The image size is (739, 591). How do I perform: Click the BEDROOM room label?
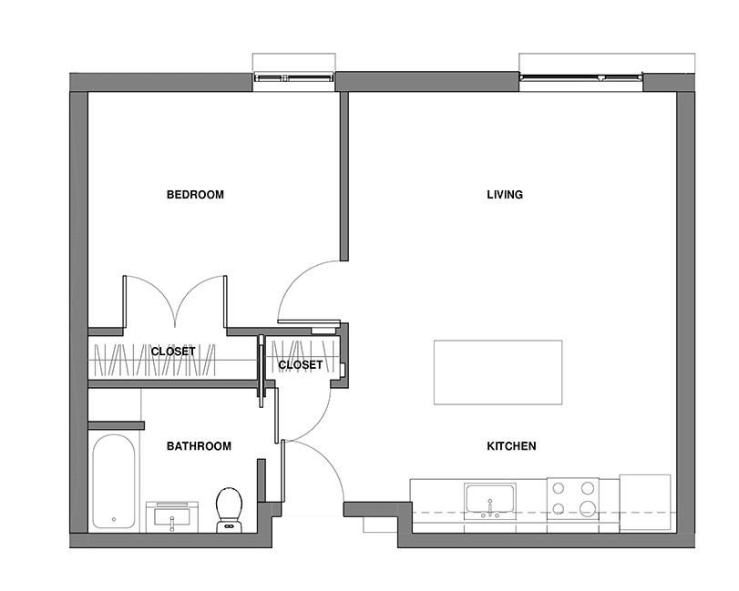point(195,195)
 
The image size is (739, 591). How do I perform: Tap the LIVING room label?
point(505,195)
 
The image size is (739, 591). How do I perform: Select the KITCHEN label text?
point(511,446)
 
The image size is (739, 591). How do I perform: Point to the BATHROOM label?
point(199,446)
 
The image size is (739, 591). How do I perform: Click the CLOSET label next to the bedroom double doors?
point(173,352)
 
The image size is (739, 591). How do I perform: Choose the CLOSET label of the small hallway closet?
point(300,365)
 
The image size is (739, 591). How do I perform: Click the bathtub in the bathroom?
point(114,482)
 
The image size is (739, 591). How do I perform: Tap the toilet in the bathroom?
point(229,510)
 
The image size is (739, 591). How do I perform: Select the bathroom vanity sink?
point(172,516)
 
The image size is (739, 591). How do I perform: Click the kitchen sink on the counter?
point(490,501)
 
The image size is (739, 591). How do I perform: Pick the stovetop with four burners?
point(572,499)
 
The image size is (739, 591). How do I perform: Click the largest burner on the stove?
point(588,509)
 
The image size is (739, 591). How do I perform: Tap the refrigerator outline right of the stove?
point(645,503)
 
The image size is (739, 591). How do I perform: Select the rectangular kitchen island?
point(498,372)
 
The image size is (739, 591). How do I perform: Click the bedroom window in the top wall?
point(293,77)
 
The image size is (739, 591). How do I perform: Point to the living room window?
point(581,77)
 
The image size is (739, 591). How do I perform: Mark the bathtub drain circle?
point(114,519)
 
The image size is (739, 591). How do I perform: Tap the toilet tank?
point(229,526)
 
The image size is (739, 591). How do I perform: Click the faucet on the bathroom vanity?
point(172,524)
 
